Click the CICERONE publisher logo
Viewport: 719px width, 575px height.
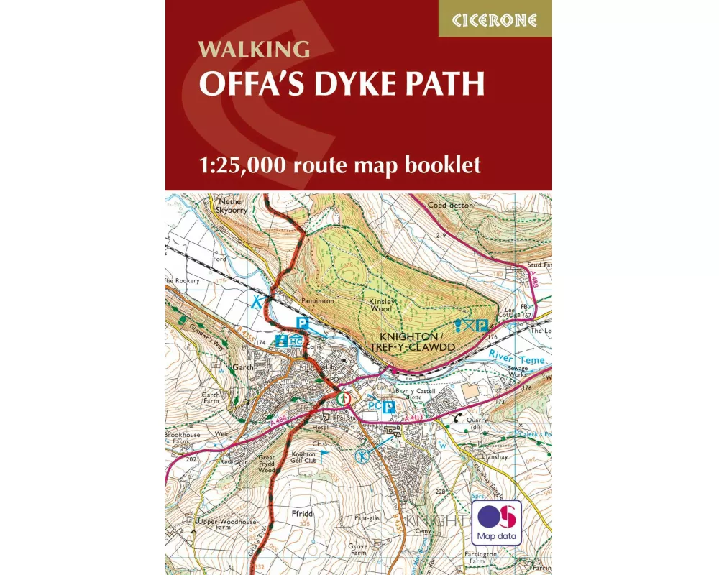coord(495,19)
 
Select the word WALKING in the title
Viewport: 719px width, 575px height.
coord(255,50)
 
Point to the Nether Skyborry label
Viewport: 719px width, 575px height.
coord(232,207)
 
